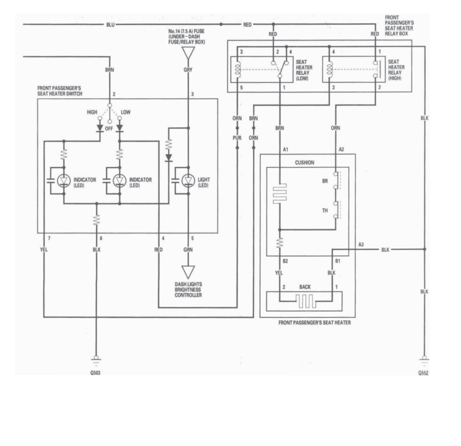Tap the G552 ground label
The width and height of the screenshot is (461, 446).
(424, 373)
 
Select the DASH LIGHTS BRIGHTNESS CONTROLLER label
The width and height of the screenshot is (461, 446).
(188, 290)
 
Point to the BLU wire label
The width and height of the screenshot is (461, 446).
(110, 24)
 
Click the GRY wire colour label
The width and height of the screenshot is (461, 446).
(187, 70)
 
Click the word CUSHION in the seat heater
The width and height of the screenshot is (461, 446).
(304, 163)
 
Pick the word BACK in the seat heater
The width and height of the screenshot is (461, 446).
(305, 287)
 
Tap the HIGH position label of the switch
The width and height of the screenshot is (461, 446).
(92, 112)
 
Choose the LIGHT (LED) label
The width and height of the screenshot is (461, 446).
(204, 182)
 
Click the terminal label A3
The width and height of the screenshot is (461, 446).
(361, 244)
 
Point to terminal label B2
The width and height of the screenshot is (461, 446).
(285, 261)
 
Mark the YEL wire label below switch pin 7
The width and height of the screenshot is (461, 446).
(44, 249)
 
